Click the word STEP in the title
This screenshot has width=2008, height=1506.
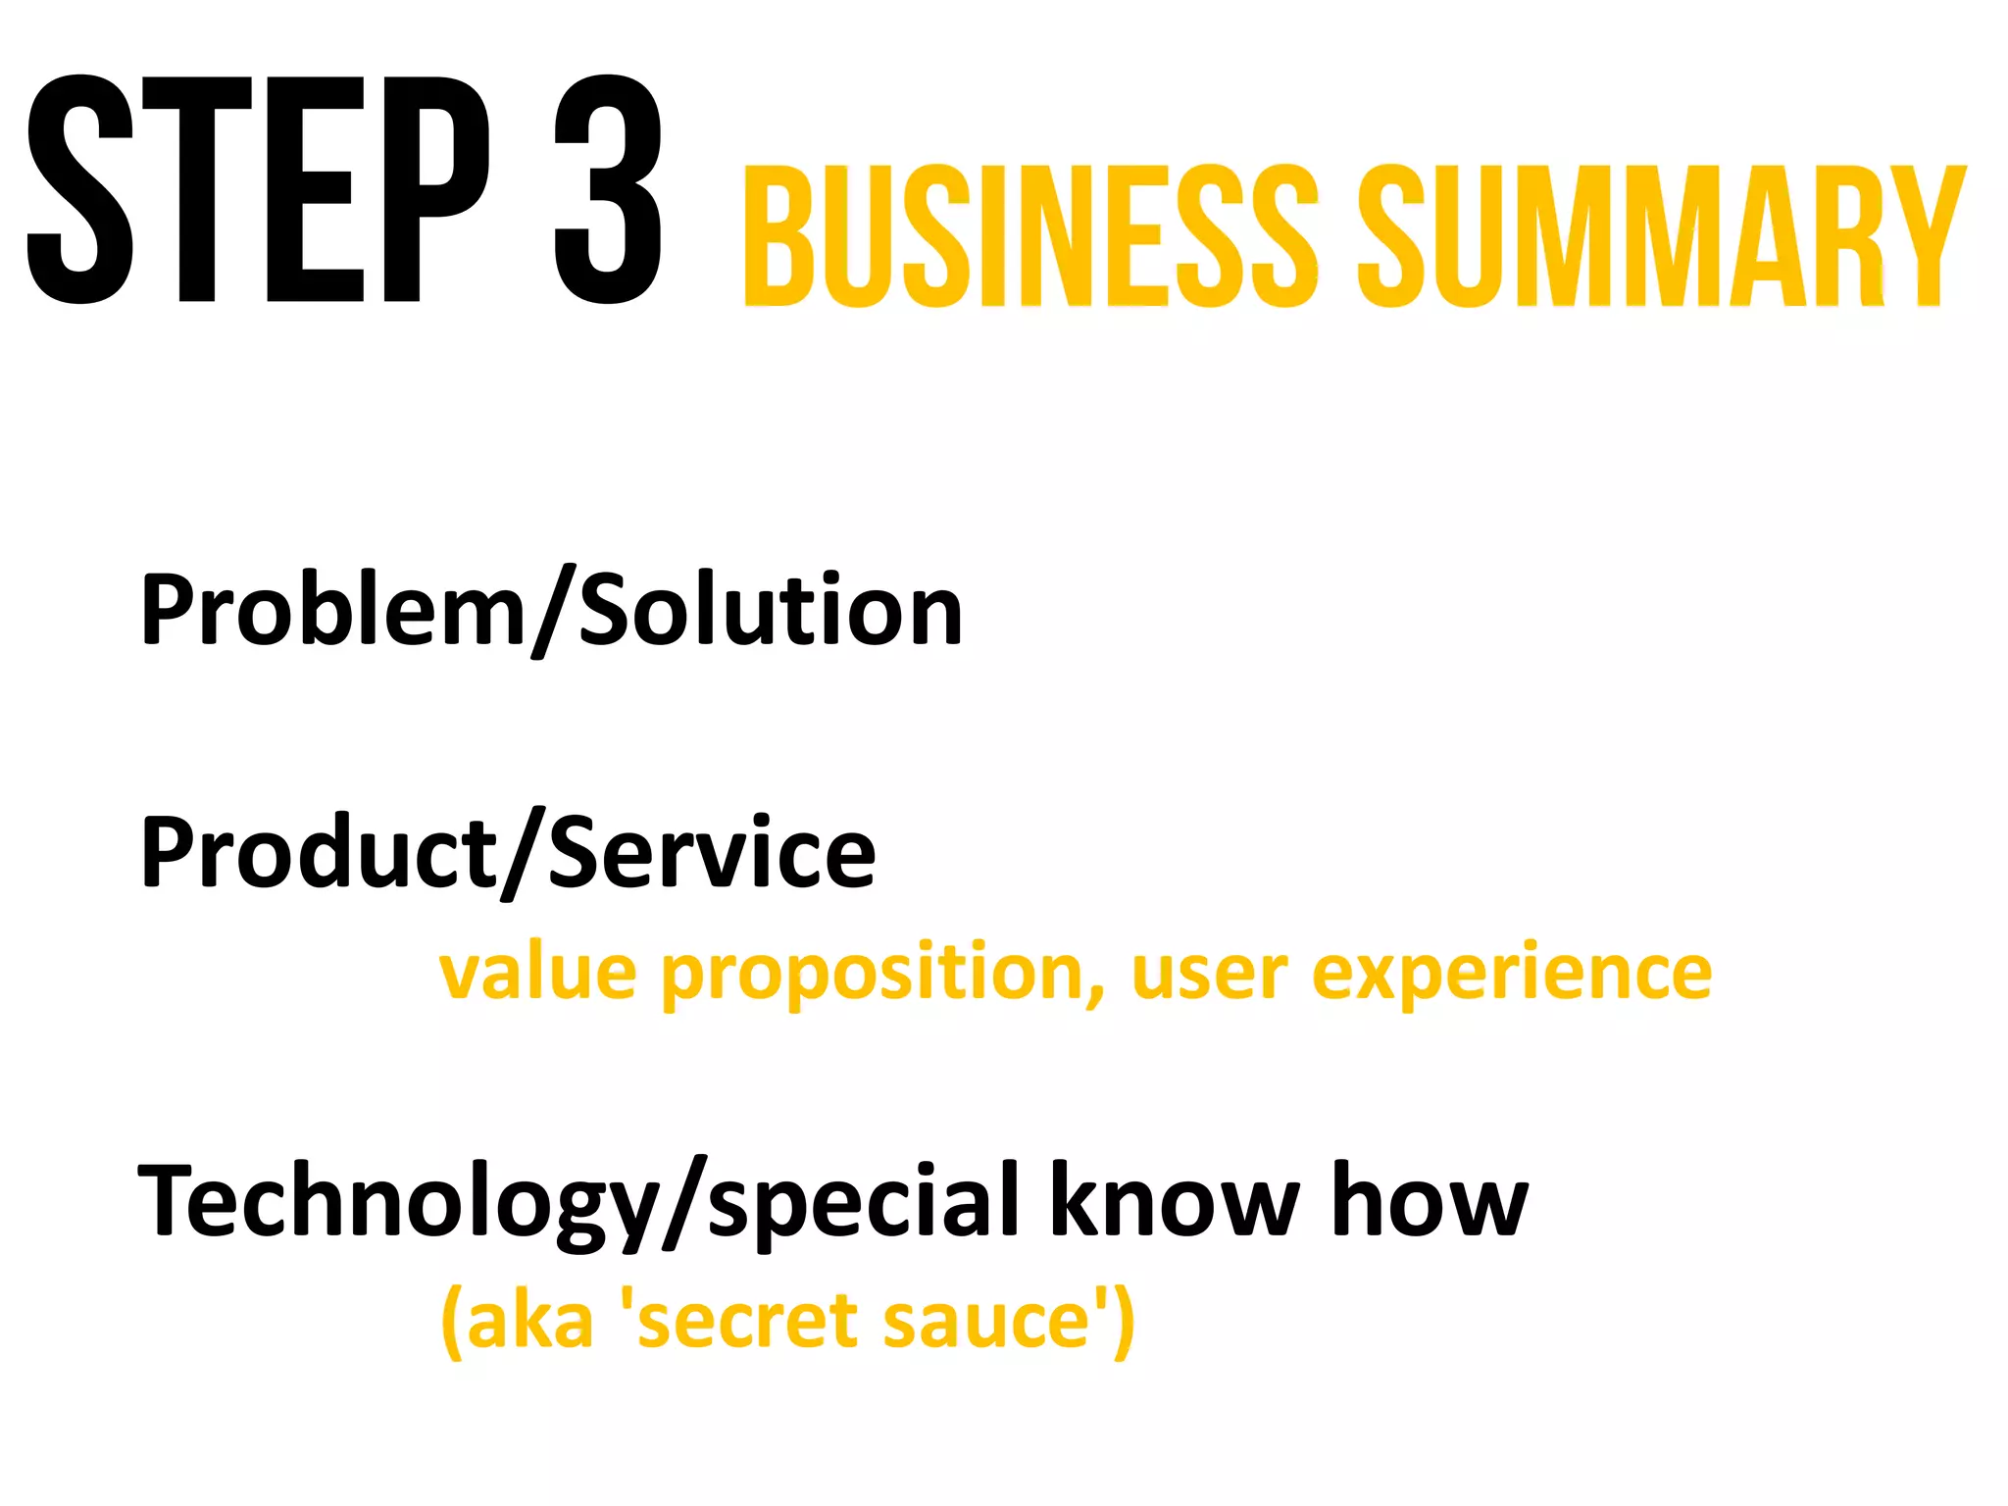[x=257, y=189]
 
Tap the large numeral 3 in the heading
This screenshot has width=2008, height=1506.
[x=608, y=189]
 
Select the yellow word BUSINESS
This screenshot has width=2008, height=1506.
[x=1029, y=236]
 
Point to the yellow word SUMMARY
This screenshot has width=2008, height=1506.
[x=1661, y=236]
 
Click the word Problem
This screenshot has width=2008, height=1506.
[x=333, y=610]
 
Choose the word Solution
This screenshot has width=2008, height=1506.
[x=771, y=610]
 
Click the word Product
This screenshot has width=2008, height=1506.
[x=319, y=852]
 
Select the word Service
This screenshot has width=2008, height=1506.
[x=712, y=852]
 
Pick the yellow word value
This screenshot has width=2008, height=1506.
[x=537, y=973]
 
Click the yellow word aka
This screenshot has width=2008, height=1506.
[x=529, y=1320]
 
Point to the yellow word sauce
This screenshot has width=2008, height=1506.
[x=986, y=1320]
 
